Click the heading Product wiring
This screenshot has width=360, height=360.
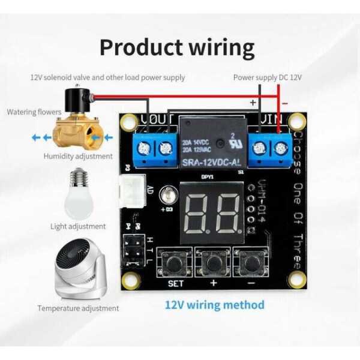click(177, 47)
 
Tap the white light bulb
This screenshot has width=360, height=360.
click(79, 193)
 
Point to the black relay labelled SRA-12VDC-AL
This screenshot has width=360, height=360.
click(212, 144)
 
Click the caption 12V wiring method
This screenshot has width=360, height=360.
click(214, 305)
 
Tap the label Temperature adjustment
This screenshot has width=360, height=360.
click(78, 308)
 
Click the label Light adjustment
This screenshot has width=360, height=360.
click(78, 226)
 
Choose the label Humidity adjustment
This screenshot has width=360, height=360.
click(78, 156)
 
